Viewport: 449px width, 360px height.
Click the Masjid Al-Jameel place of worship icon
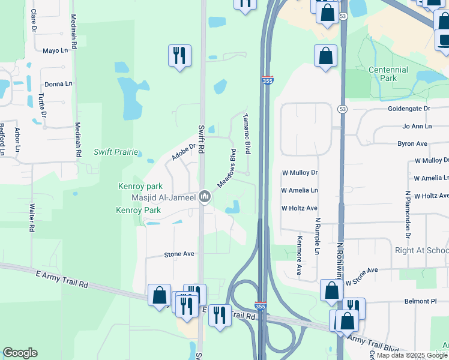(205, 197)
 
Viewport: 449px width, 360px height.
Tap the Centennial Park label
(388, 74)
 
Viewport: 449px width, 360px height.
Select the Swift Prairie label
(116, 152)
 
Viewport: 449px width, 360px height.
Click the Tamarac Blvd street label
(247, 133)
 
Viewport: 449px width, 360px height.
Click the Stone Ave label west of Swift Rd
(179, 254)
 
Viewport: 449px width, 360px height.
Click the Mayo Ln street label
(55, 50)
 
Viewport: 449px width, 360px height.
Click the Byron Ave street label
(412, 144)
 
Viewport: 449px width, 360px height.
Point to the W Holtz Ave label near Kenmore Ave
(299, 208)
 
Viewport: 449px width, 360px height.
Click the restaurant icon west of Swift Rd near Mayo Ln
(179, 56)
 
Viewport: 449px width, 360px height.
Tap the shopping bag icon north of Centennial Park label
(325, 56)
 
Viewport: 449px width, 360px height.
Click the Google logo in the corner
(20, 353)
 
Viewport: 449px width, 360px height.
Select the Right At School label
(421, 250)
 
